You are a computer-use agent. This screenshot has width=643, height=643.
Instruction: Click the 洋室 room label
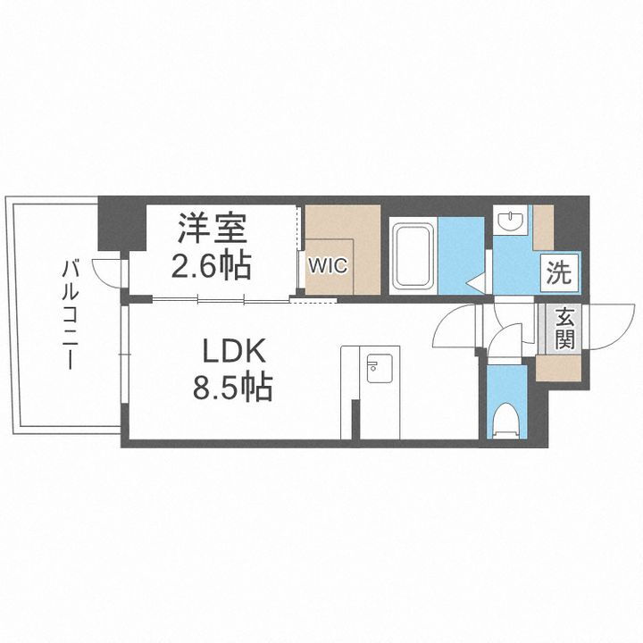[x=211, y=228]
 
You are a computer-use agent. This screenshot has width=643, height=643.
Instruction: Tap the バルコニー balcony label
[x=70, y=315]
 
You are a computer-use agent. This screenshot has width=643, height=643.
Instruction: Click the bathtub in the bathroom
[x=413, y=255]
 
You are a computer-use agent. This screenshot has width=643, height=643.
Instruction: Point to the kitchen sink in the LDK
[x=376, y=367]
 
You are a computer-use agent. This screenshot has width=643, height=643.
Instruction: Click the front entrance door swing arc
[x=607, y=326]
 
